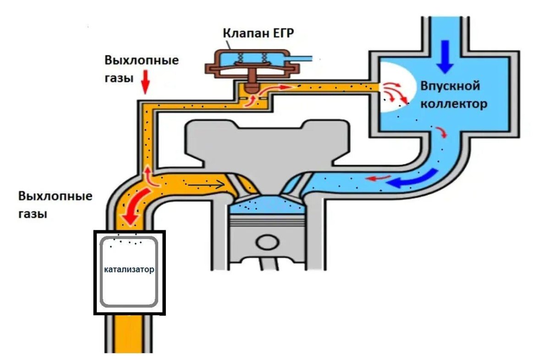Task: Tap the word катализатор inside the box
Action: (x=129, y=269)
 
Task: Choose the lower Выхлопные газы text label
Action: (x=55, y=205)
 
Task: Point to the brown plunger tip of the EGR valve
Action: (x=251, y=86)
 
